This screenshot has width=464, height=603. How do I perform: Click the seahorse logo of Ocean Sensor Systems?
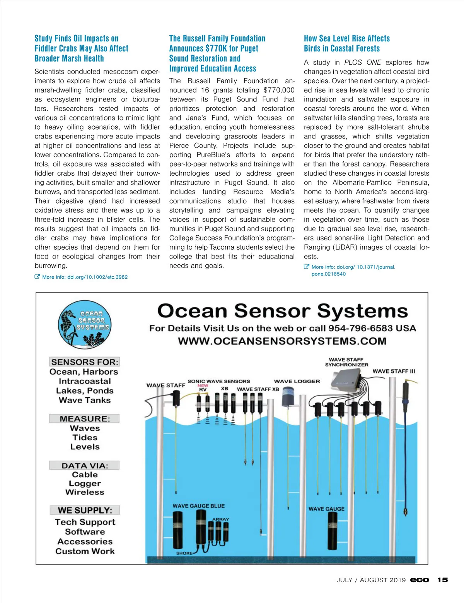pos(84,324)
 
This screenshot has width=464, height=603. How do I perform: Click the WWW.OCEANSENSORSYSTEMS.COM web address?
pos(282,341)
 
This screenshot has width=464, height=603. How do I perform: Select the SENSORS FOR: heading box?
pos(85,362)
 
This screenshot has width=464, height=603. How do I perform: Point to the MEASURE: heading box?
pos(84,418)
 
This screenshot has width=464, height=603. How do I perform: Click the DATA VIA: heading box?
pos(84,465)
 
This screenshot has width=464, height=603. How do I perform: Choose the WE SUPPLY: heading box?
pos(85,510)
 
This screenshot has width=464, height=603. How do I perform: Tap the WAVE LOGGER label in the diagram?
pos(297,381)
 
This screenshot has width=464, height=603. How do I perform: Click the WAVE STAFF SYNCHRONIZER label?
pos(346,362)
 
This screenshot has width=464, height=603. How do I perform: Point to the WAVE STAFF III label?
pos(394,371)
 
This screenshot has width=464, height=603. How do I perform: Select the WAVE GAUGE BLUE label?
pos(198,506)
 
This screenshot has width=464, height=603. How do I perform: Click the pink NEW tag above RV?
pos(203,385)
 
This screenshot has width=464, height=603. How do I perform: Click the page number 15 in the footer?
pos(443,580)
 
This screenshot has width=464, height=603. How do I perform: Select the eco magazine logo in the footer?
pos(420,580)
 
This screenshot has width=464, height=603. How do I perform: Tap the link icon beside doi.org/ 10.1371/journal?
pos(307,267)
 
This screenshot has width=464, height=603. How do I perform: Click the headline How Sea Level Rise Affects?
pos(346,38)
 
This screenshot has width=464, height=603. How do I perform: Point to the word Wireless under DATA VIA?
pos(85,492)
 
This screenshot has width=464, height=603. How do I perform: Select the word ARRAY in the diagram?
pos(220,519)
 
